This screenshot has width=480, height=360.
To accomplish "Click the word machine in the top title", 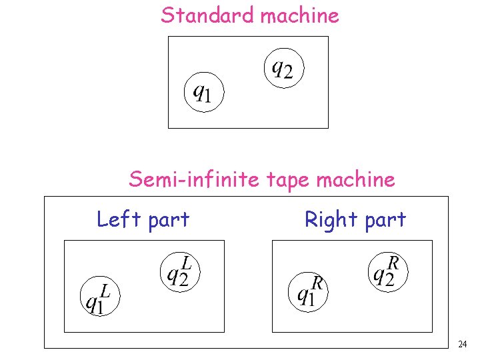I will click(x=299, y=15).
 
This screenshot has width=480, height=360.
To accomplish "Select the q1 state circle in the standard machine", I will click(x=203, y=92).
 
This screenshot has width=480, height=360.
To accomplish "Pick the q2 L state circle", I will click(x=179, y=271).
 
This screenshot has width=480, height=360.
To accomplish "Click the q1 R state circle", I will click(x=308, y=290).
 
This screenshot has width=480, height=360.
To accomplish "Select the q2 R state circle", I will click(x=388, y=271).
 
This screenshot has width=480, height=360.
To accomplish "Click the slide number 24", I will click(x=463, y=344).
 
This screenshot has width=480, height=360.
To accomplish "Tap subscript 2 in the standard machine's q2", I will click(x=289, y=71).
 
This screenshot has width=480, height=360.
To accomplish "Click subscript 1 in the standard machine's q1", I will click(x=207, y=98).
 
